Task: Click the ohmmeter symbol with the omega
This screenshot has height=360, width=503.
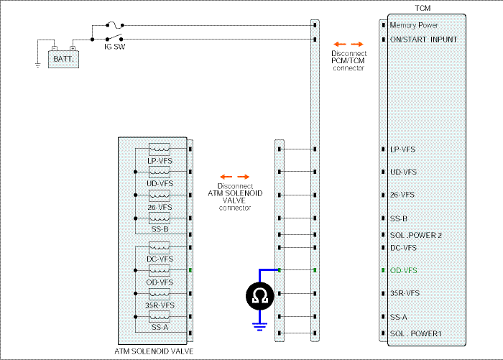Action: click(259, 296)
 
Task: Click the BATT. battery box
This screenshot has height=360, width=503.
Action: click(63, 59)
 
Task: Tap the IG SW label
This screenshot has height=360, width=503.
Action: click(114, 47)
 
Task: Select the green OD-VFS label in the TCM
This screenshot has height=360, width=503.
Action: click(404, 270)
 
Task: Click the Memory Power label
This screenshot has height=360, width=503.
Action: click(414, 25)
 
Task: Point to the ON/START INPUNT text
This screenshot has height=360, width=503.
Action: click(423, 40)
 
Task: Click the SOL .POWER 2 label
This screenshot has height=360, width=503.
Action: click(416, 235)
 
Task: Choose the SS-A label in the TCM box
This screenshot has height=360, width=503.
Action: click(398, 318)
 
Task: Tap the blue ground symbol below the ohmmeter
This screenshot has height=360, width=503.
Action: click(259, 327)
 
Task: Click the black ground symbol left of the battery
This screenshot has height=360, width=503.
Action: click(38, 65)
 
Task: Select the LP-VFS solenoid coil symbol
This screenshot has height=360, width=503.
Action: click(160, 149)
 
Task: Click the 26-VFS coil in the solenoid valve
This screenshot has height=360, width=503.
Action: click(160, 195)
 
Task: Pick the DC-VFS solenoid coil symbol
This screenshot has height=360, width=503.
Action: click(160, 247)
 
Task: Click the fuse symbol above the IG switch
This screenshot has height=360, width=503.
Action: click(114, 24)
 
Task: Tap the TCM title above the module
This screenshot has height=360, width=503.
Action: click(423, 8)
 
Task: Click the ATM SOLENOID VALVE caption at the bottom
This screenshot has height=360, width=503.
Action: click(154, 351)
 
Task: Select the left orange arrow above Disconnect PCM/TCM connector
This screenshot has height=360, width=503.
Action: click(340, 44)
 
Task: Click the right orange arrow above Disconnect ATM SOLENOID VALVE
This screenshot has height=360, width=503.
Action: click(243, 177)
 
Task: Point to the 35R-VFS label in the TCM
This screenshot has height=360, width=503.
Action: click(405, 293)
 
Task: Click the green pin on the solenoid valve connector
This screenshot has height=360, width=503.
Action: click(190, 270)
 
